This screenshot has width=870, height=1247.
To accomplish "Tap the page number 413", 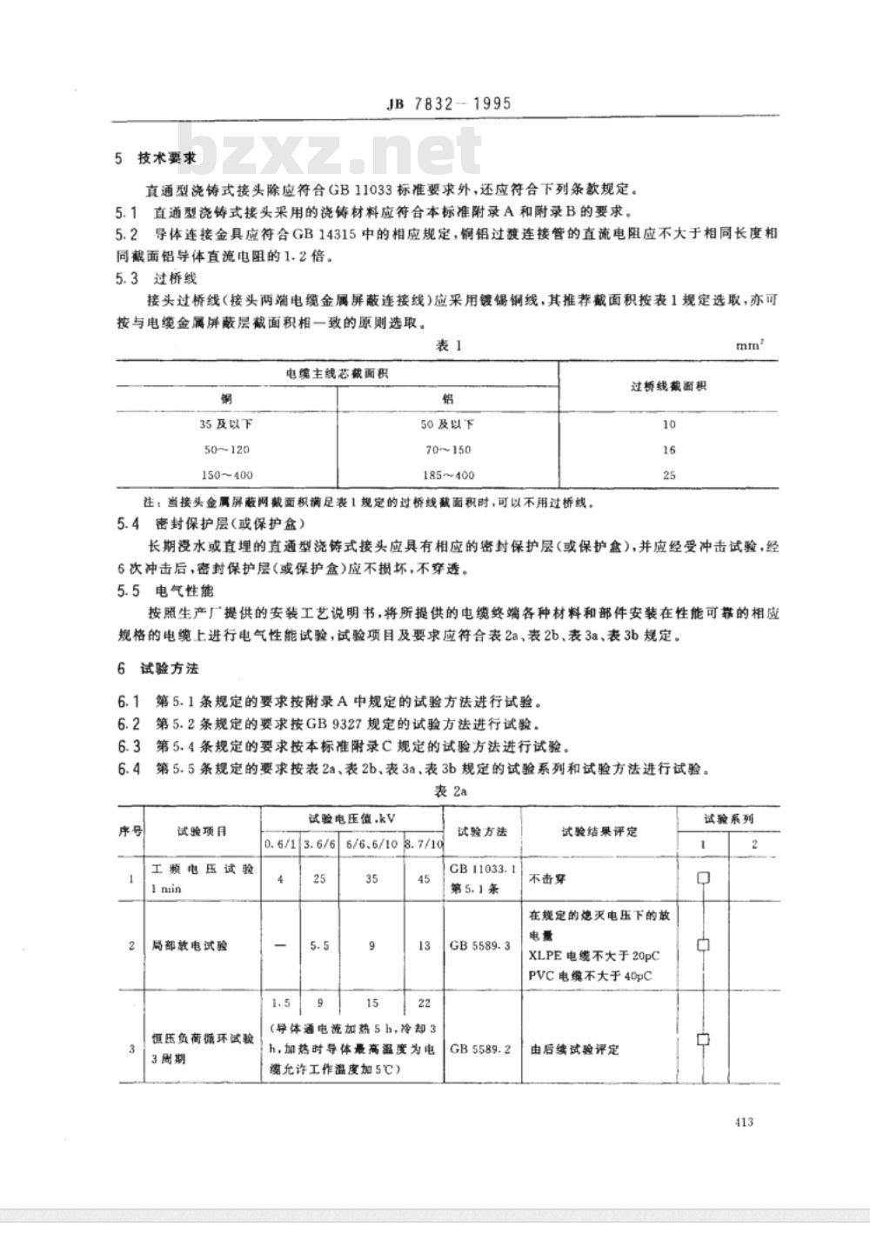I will [x=743, y=1122].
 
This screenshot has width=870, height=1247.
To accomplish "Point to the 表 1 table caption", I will [x=447, y=345].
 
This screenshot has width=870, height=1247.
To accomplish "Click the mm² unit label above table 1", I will [x=750, y=345].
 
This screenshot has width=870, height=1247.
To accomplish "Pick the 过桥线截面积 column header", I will [x=668, y=385].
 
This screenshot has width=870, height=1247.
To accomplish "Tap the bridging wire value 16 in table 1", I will [x=668, y=450].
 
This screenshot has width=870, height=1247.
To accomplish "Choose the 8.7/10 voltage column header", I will [x=424, y=844].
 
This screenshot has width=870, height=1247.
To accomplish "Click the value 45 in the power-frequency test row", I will [x=424, y=878].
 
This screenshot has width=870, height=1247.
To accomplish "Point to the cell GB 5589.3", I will [x=482, y=945].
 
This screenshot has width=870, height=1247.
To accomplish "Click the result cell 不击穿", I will [x=548, y=879].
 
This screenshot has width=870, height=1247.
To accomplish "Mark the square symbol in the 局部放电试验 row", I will [x=703, y=945].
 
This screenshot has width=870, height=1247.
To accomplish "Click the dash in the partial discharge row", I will [x=280, y=945].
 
